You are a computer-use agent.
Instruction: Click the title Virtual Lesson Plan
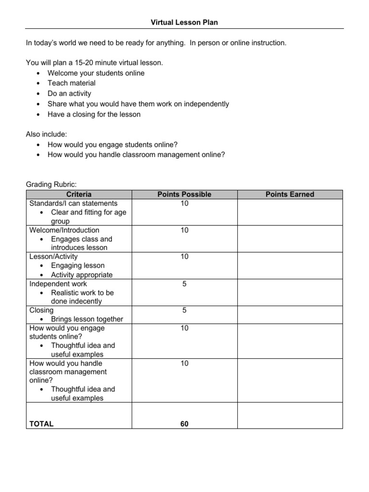pyautogui.click(x=184, y=23)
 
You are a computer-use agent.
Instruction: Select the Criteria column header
pyautogui.click(x=79, y=195)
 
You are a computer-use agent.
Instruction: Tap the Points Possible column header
pyautogui.click(x=184, y=195)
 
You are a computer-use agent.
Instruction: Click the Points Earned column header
pyautogui.click(x=290, y=195)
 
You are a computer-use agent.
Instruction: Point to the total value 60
pyautogui.click(x=184, y=424)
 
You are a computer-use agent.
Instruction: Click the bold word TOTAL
pyautogui.click(x=41, y=424)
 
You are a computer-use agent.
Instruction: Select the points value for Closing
pyautogui.click(x=184, y=310)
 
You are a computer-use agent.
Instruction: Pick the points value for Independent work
pyautogui.click(x=184, y=284)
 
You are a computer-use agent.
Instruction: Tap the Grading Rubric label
pyautogui.click(x=51, y=184)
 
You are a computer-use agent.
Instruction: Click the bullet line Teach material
pyautogui.click(x=72, y=83)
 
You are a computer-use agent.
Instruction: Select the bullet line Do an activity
pyautogui.click(x=69, y=94)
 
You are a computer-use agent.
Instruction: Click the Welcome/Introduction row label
pyautogui.click(x=64, y=230)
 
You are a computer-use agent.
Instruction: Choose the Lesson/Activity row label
pyautogui.click(x=53, y=257)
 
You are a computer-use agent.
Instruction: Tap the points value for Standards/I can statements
pyautogui.click(x=184, y=204)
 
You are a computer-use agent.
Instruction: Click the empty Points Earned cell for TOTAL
pyautogui.click(x=290, y=416)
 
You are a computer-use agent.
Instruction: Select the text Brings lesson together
pyautogui.click(x=87, y=319)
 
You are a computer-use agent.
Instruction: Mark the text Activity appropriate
pyautogui.click(x=82, y=275)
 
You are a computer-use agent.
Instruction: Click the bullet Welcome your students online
pyautogui.click(x=96, y=73)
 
